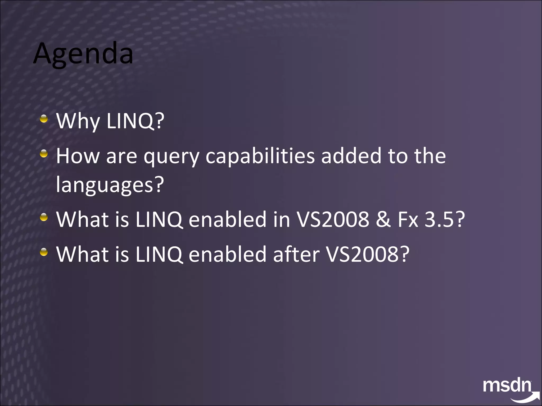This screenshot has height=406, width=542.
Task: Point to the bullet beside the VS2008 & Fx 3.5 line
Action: pos(44,217)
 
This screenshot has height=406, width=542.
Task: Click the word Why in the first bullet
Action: pos(78,121)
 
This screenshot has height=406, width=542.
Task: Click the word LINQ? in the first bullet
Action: pos(135,121)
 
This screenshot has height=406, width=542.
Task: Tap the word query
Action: pos(171,156)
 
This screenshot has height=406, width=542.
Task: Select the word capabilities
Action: pos(260,156)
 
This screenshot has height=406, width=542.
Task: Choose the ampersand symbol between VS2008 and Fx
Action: pos(383,219)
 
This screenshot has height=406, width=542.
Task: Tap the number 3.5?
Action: pos(445,219)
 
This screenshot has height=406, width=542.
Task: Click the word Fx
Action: pos(408,219)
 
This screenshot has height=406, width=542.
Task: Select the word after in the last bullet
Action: pos(296,254)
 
